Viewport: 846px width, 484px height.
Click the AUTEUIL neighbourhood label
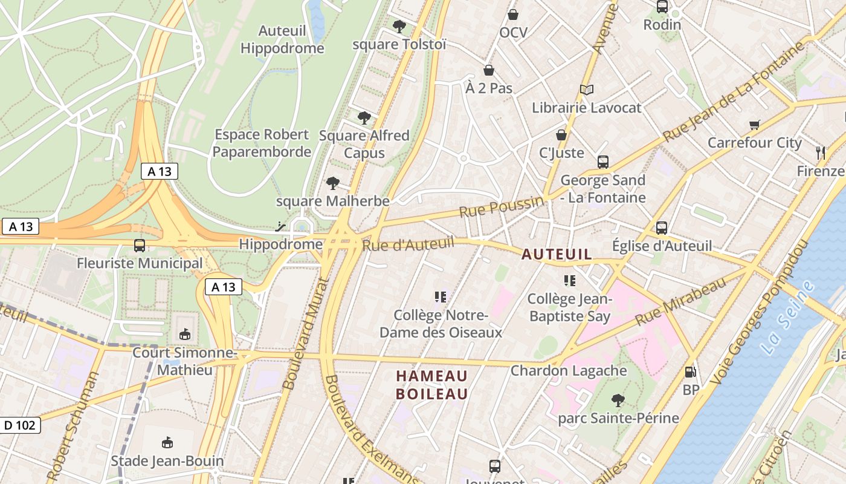pos(557,255)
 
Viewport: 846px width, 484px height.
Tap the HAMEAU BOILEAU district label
pos(432,385)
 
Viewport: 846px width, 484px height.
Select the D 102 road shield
pos(20,425)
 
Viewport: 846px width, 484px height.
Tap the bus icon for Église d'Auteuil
pos(662,228)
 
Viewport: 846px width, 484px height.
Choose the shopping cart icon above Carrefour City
pos(754,125)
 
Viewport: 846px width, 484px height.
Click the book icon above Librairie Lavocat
pos(586,90)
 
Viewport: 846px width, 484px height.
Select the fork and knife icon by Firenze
pos(820,153)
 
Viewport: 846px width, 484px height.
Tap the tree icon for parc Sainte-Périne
pos(618,400)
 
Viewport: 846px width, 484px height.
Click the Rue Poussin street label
pos(501,208)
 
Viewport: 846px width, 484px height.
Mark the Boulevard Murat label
pos(306,333)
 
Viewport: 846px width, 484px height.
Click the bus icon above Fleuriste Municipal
pos(140,246)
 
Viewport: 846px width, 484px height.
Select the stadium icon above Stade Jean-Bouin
pos(167,443)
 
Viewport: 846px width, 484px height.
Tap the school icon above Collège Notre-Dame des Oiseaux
pos(441,297)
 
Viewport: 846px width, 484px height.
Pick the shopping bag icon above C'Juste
pos(561,135)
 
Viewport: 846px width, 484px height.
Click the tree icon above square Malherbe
pos(332,183)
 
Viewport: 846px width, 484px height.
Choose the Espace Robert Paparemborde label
pos(262,143)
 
